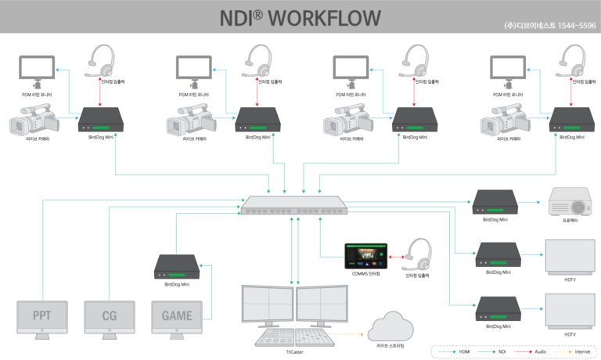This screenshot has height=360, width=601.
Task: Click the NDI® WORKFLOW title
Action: point(300,17)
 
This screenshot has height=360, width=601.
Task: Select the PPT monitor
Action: point(43,317)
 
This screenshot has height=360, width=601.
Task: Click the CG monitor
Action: point(110,317)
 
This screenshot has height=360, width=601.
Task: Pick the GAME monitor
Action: point(177,317)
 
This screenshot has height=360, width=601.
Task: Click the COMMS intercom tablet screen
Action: point(365,255)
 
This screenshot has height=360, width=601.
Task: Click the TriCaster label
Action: point(294,353)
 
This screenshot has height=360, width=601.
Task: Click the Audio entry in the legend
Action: point(539,351)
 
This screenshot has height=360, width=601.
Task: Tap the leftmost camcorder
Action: point(32,124)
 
